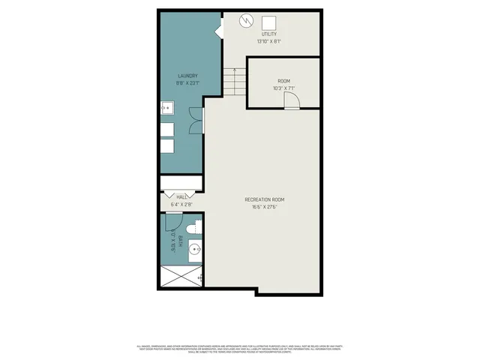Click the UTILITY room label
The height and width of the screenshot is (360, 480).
click(269, 34)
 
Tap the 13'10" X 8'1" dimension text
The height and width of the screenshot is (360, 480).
click(269, 42)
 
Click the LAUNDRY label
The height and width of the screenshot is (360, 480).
click(187, 76)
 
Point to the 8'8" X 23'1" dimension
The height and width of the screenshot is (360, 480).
click(187, 83)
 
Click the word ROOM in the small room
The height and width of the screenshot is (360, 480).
click(283, 81)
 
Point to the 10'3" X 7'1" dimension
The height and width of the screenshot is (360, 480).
click(283, 88)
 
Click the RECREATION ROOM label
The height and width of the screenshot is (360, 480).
click(265, 199)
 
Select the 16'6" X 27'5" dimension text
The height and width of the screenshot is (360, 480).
click(265, 207)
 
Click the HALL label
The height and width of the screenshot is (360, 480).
click(181, 196)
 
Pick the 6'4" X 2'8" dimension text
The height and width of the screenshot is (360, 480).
click(181, 204)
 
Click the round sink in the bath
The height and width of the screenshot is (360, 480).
click(194, 250)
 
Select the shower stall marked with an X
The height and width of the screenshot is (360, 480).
click(181, 277)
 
